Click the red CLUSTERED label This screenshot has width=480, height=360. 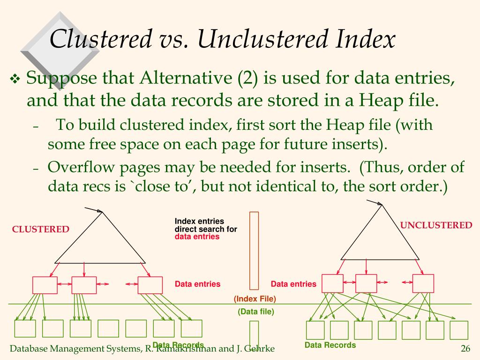point(40,229)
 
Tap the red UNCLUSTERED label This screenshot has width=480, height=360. point(436,225)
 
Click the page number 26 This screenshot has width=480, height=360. point(465,348)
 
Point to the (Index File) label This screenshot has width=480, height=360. point(255,299)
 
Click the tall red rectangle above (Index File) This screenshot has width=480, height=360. point(254,250)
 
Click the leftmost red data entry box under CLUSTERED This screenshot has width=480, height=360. point(45,285)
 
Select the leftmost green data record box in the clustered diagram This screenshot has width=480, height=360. point(25,329)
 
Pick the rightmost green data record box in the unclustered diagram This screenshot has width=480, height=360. point(458,330)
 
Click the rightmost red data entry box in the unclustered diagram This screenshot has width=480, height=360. point(423,283)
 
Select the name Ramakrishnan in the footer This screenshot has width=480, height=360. point(187,348)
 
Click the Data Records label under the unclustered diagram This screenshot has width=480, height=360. point(330,345)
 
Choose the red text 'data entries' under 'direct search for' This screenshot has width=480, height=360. point(197,237)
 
